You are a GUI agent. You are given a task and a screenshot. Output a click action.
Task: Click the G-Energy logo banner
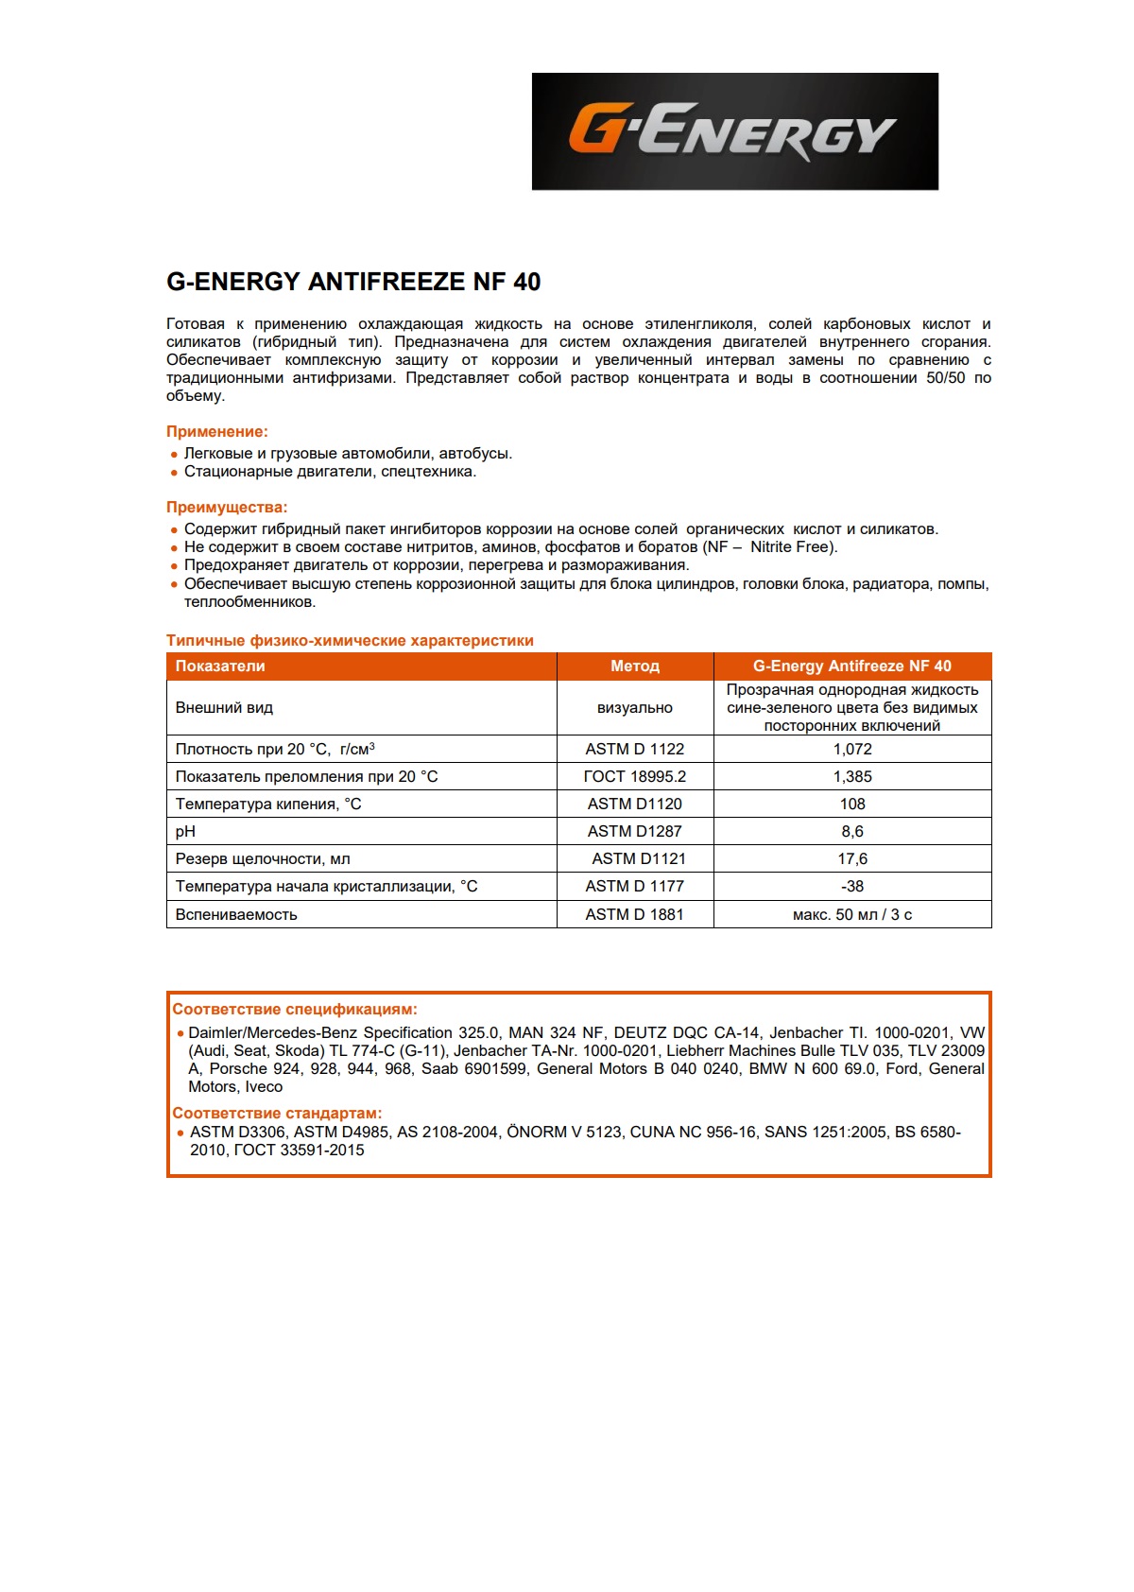(x=734, y=131)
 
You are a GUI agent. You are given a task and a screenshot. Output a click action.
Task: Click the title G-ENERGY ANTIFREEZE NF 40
(x=353, y=282)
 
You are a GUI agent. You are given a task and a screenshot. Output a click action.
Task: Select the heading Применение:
(x=217, y=432)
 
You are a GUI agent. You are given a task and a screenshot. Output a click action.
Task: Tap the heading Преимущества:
(x=227, y=508)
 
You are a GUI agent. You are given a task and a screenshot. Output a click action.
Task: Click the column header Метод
(x=634, y=666)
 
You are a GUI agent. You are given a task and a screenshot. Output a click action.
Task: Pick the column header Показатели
(x=220, y=666)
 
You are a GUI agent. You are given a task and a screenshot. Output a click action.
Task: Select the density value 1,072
(x=851, y=750)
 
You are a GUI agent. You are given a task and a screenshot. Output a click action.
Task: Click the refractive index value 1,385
(x=851, y=777)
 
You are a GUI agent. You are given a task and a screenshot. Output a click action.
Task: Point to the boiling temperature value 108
(x=851, y=805)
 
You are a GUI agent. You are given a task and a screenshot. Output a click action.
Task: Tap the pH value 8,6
(x=851, y=832)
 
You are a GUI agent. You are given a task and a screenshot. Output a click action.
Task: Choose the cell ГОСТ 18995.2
(x=634, y=777)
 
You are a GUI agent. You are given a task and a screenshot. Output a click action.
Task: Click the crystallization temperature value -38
(x=851, y=887)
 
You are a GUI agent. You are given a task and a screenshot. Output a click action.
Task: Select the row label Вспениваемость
(x=236, y=915)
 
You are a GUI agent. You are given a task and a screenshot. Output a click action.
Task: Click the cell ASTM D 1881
(x=634, y=915)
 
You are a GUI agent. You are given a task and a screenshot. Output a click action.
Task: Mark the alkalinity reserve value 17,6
(x=851, y=859)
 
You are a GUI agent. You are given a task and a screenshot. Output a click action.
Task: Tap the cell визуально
(x=634, y=708)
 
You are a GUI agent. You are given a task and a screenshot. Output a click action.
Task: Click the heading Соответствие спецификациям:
(x=294, y=1010)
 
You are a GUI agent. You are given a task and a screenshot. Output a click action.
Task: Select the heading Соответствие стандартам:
(x=277, y=1114)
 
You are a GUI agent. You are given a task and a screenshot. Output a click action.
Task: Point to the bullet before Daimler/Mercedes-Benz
(x=180, y=1034)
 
